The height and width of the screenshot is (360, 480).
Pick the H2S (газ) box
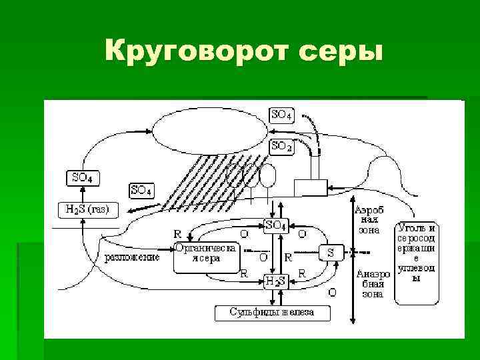pyautogui.click(x=88, y=209)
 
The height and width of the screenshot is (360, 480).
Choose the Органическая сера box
pyautogui.click(x=206, y=255)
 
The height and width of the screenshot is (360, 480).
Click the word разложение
pyautogui.click(x=132, y=257)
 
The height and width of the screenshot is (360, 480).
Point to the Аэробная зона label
pyautogui.click(x=369, y=219)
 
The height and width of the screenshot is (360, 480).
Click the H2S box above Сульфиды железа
pyautogui.click(x=275, y=281)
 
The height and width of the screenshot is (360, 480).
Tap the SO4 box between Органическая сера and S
pyautogui.click(x=275, y=226)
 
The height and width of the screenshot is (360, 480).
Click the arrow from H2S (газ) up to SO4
pyautogui.click(x=81, y=193)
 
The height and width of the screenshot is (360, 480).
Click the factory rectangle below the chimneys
pyautogui.click(x=310, y=188)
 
